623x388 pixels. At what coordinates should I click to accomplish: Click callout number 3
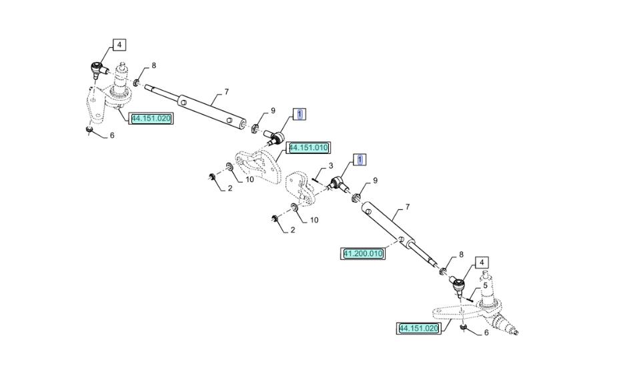coord(331,165)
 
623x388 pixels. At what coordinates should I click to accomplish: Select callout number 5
coord(485,285)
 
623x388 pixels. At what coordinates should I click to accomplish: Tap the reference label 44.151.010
coord(309,148)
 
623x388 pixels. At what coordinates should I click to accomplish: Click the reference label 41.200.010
coord(363,253)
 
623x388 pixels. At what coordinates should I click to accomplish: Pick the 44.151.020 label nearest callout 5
coord(419,329)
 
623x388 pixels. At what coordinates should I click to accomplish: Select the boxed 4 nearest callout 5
coord(482,263)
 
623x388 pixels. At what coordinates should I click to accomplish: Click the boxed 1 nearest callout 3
coord(360,159)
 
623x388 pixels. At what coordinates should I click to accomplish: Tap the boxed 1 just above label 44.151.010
coord(299,115)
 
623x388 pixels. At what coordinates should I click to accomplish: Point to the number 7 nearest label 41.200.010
coord(408,207)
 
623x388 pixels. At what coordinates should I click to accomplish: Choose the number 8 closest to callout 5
coord(461,255)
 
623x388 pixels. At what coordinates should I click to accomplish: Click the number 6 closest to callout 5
coord(486,333)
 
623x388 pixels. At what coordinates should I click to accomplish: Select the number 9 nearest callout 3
coord(375,181)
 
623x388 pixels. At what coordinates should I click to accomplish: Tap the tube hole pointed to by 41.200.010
coord(402,239)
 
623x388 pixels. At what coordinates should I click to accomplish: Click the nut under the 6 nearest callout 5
coord(463,327)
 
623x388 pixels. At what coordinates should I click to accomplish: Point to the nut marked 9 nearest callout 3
coord(356,197)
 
